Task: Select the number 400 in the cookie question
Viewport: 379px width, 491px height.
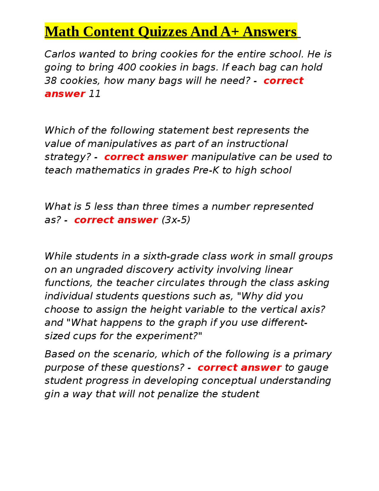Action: (x=126, y=67)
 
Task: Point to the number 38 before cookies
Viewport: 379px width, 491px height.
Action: (x=51, y=81)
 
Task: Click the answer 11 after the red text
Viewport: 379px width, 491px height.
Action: (x=95, y=94)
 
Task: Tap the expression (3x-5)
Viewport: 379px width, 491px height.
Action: (x=176, y=220)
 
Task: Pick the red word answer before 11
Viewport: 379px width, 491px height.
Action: (x=65, y=94)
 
